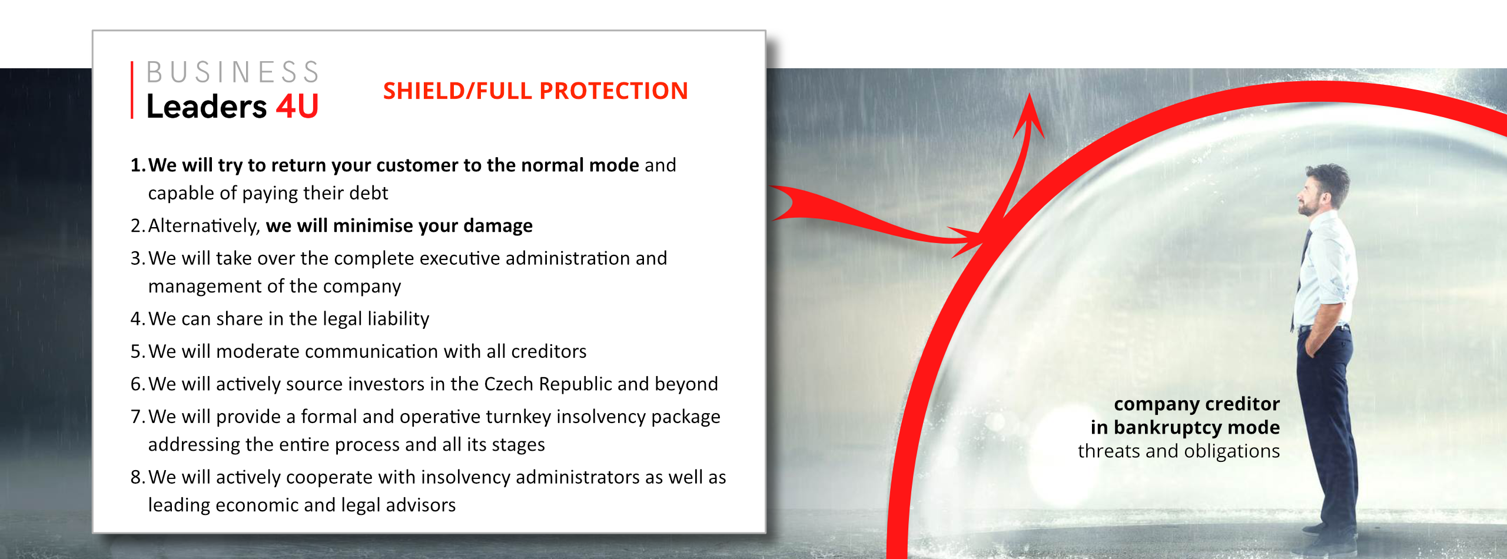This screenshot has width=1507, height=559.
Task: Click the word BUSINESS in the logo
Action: pos(233,72)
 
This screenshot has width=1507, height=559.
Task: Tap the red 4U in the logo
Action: pos(298,107)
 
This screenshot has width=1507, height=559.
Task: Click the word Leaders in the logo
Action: pos(207,107)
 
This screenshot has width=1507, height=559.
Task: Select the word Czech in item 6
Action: pos(509,384)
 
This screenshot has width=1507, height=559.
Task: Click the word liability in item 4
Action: pos(399,320)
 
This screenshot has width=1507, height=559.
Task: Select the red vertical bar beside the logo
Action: pos(132,90)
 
